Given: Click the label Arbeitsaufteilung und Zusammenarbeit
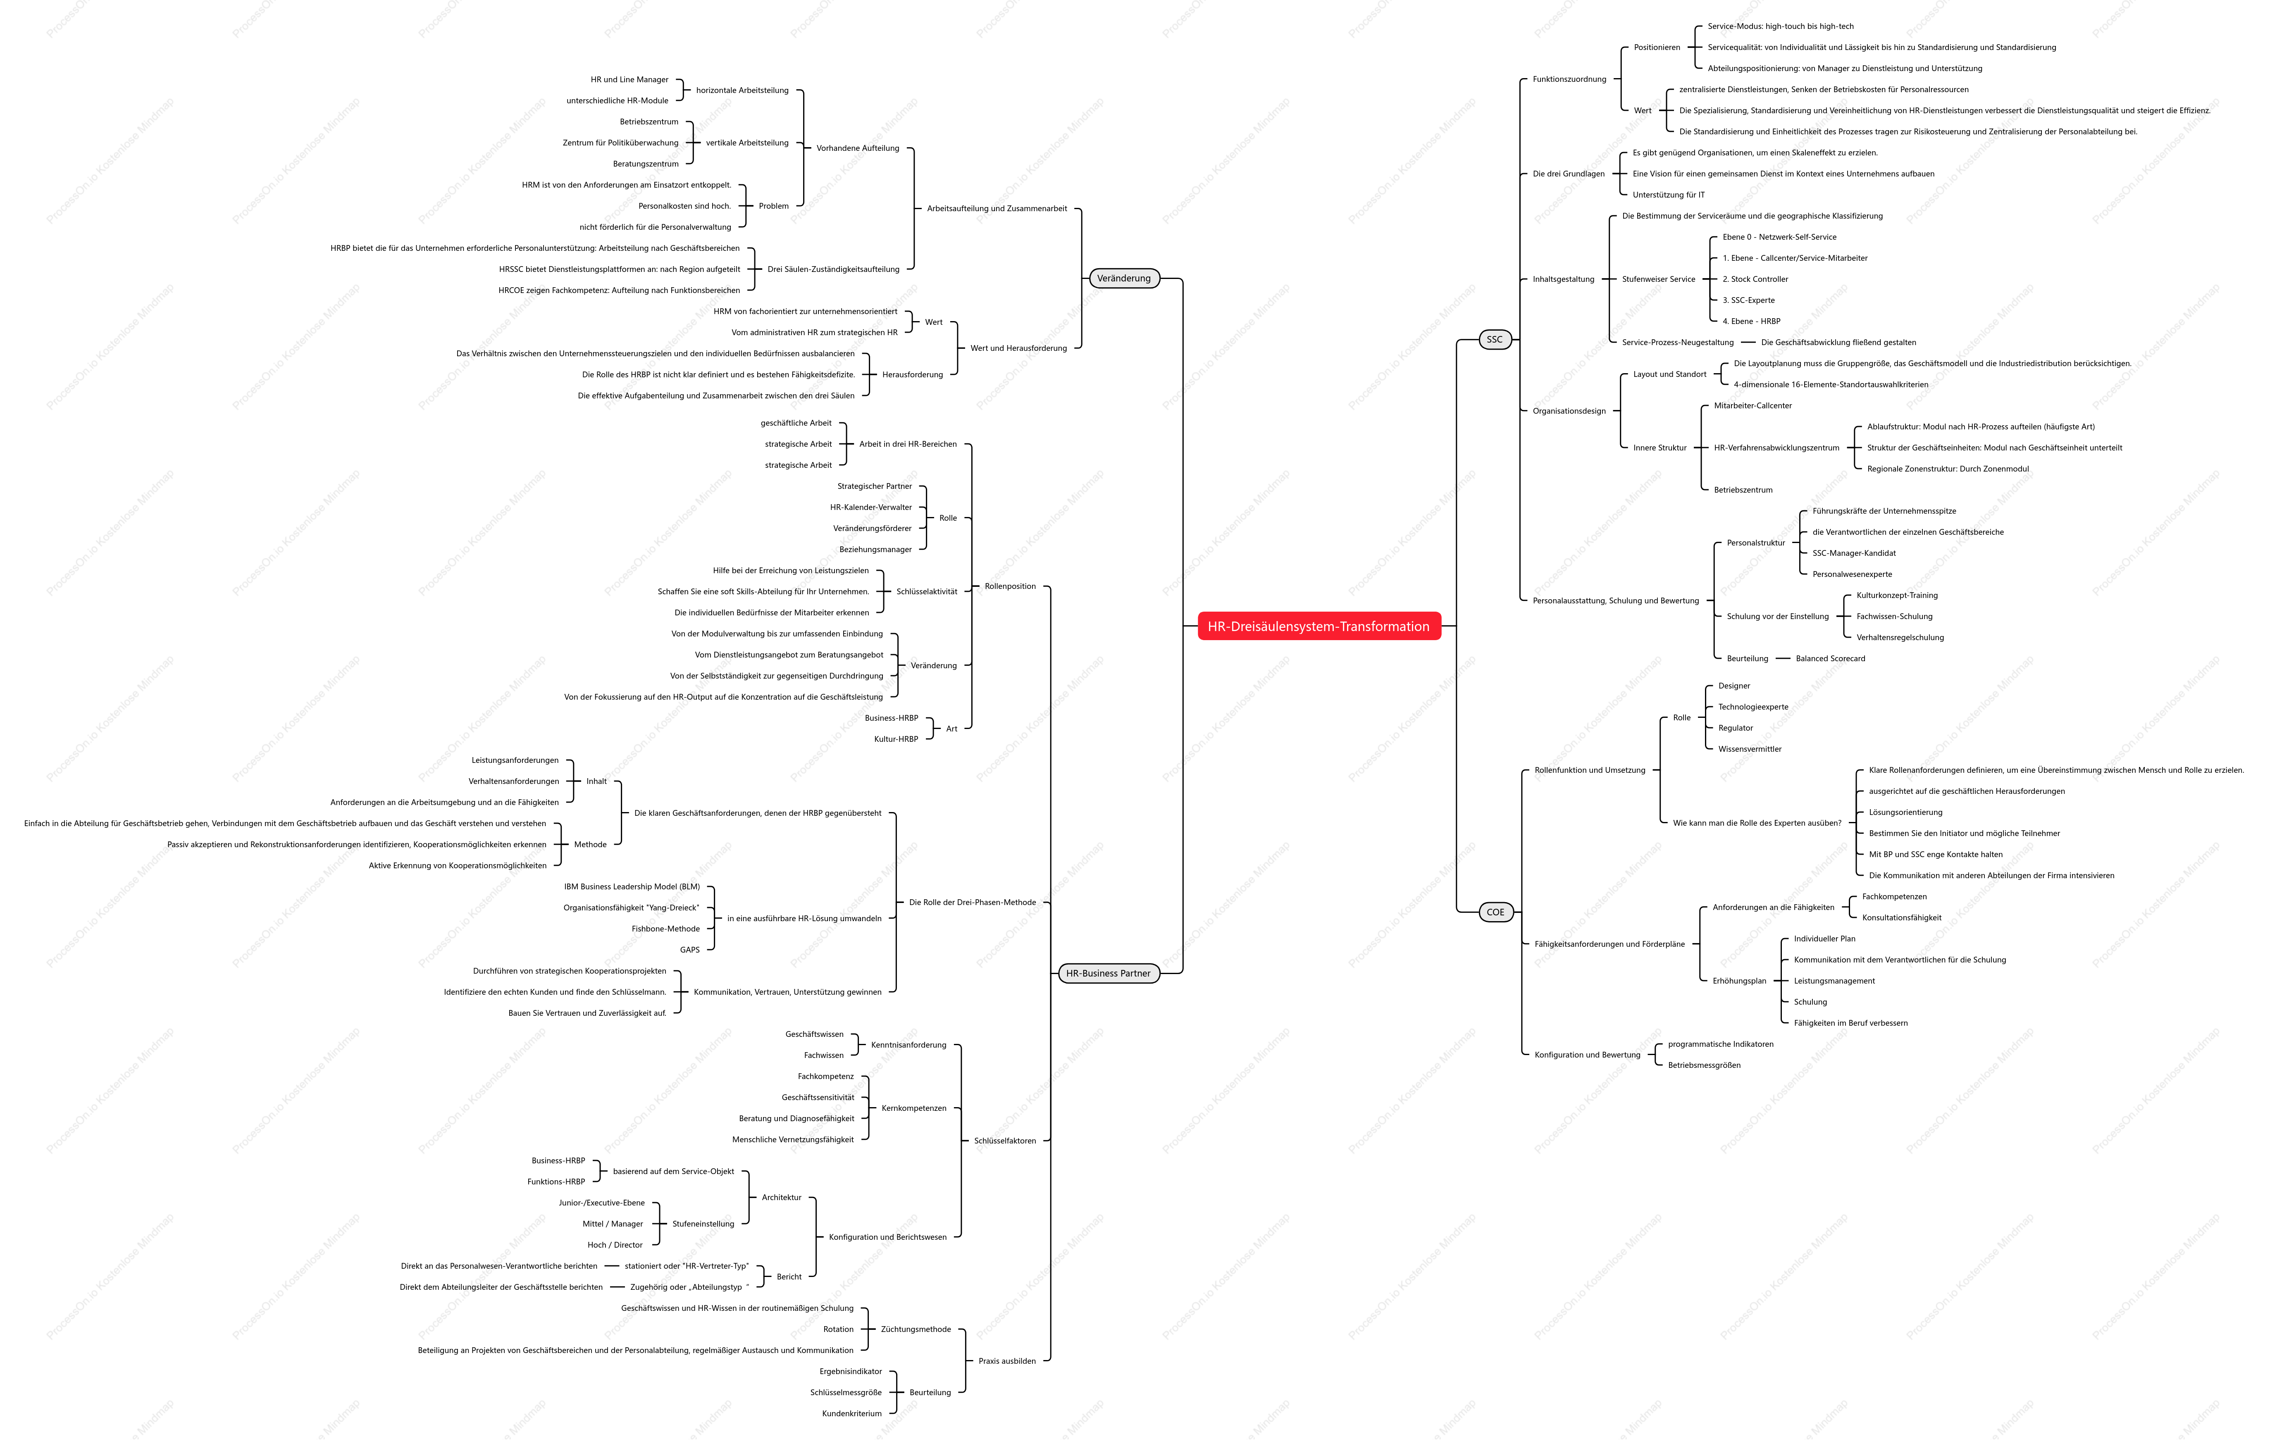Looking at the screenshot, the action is point(997,209).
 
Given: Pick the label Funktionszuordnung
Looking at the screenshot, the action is point(1569,79).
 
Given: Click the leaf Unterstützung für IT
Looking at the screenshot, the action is point(1669,195).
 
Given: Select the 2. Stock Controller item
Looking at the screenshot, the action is point(1755,280).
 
